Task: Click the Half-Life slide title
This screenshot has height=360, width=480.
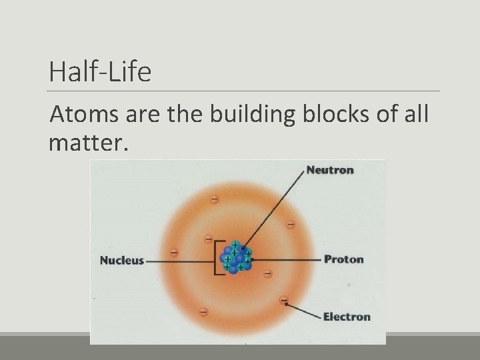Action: pyautogui.click(x=100, y=71)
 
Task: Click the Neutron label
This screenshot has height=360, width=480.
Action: pyautogui.click(x=330, y=170)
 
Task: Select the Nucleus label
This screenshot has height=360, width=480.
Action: pyautogui.click(x=121, y=260)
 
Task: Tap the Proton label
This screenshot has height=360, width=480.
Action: pyautogui.click(x=344, y=259)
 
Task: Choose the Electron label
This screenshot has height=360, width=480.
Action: pyautogui.click(x=347, y=317)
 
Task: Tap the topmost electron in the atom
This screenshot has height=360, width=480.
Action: pyautogui.click(x=214, y=199)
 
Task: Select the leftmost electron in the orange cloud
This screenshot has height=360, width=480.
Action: pyautogui.click(x=175, y=253)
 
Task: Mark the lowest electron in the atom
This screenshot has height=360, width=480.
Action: pyautogui.click(x=203, y=311)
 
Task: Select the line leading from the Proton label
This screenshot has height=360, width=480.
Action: pyautogui.click(x=287, y=259)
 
